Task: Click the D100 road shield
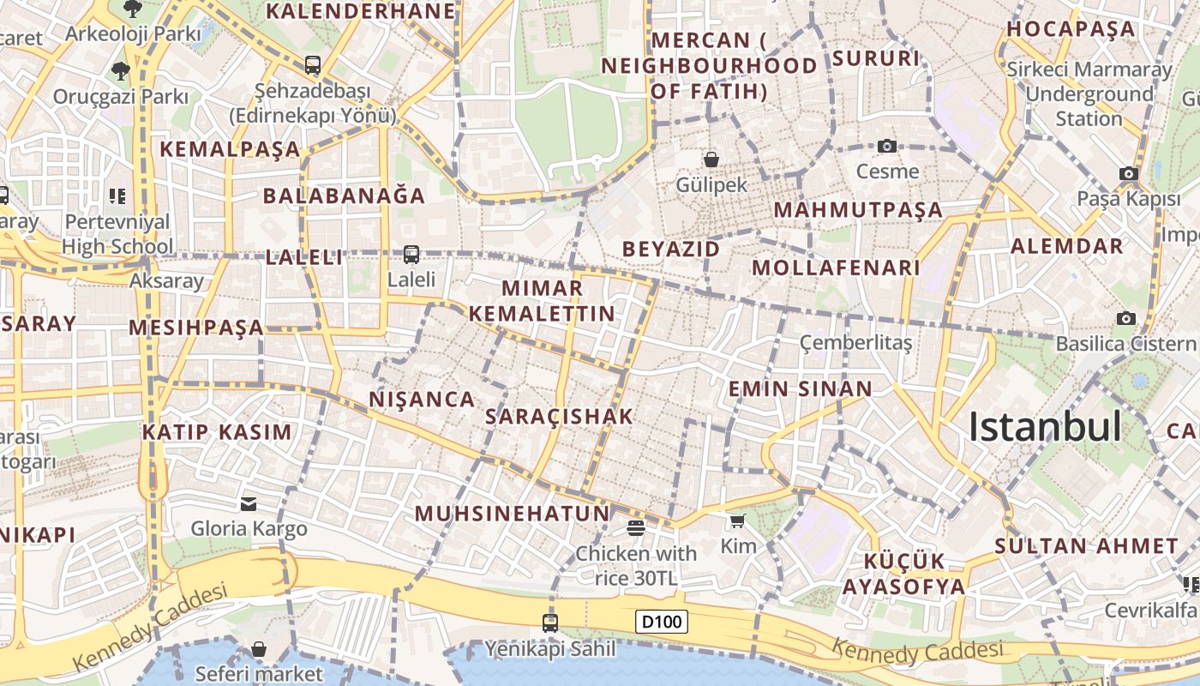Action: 662,622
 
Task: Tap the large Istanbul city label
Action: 1045,427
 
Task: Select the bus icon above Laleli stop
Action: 411,254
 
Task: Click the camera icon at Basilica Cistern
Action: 1126,318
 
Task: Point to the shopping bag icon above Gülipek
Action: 711,159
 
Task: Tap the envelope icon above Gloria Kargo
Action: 249,503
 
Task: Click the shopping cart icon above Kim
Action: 737,521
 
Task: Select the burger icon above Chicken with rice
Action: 635,527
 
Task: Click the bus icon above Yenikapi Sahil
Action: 550,623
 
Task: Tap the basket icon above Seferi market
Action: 259,649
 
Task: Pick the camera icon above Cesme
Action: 887,146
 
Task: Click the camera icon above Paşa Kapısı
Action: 1129,173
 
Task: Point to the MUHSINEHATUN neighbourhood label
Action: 512,514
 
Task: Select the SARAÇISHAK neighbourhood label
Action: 559,417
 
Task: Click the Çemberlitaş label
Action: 855,343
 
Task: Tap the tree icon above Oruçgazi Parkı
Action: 120,70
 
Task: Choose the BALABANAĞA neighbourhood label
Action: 344,196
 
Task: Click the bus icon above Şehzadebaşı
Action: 313,64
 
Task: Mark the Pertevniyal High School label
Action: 117,234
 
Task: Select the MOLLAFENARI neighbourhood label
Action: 836,268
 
